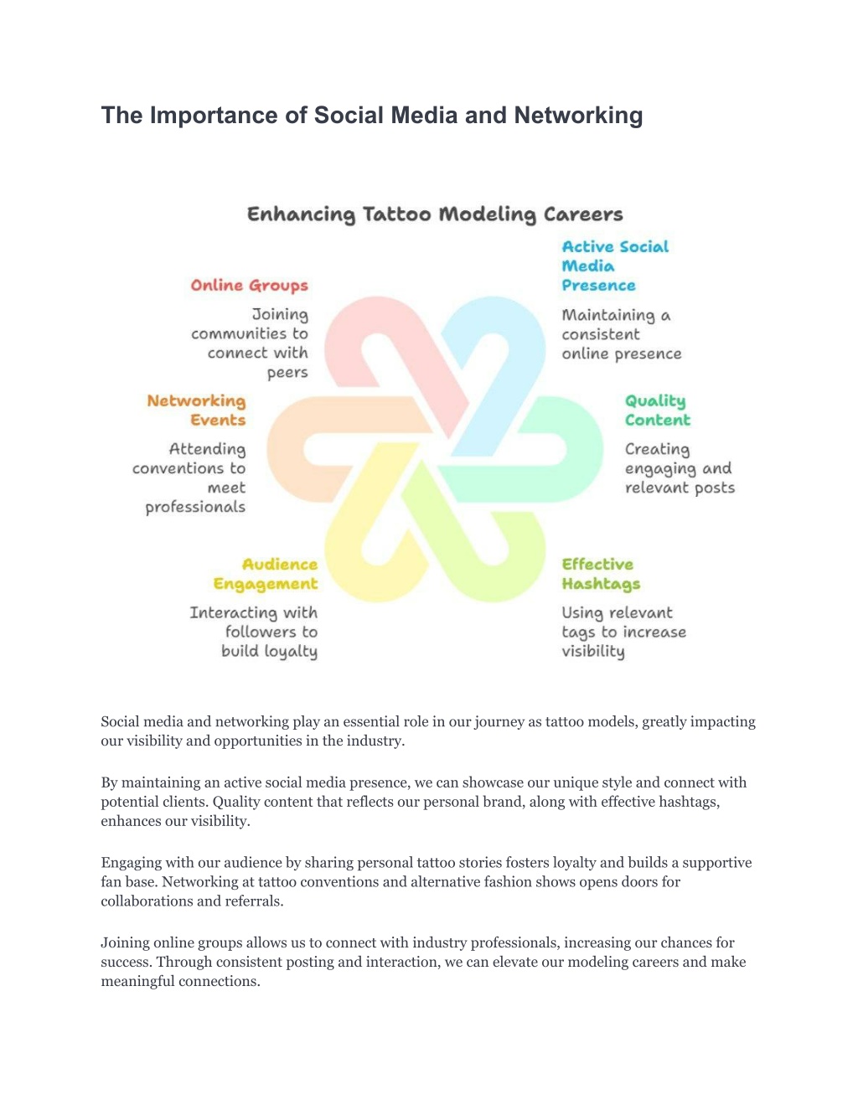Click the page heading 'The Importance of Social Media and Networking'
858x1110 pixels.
click(372, 116)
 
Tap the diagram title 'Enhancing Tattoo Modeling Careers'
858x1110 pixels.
click(435, 214)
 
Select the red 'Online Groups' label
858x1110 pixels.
click(249, 286)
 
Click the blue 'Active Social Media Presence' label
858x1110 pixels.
click(615, 266)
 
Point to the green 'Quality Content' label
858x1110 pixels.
click(657, 410)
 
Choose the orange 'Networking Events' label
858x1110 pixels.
click(197, 410)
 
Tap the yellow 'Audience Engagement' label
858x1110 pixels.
click(266, 574)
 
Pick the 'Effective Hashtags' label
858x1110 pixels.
click(601, 574)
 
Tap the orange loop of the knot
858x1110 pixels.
click(286, 450)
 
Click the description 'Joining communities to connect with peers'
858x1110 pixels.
click(250, 343)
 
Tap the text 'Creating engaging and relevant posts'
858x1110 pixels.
click(680, 469)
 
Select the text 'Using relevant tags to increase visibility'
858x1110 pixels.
click(623, 632)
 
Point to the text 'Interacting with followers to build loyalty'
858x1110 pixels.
click(254, 632)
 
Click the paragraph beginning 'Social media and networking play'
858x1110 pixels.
click(428, 731)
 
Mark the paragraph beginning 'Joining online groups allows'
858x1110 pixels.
click(423, 962)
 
